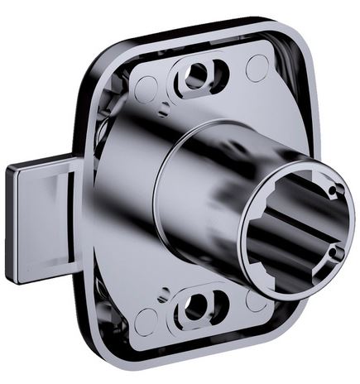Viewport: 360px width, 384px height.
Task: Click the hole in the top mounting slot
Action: [196, 76]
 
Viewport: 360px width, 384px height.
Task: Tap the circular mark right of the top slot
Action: [257, 68]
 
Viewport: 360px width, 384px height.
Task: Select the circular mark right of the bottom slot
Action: [257, 300]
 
